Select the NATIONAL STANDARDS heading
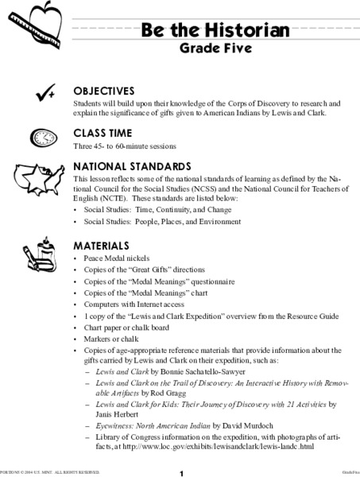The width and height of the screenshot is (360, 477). point(132,167)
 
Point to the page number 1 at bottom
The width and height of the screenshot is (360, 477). point(181,471)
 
